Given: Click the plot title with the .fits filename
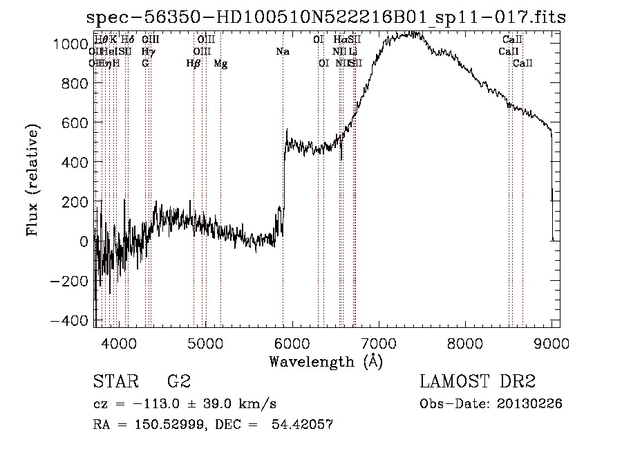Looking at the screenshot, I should pyautogui.click(x=326, y=17).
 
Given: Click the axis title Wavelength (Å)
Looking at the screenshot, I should pyautogui.click(x=326, y=361).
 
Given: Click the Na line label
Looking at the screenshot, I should pyautogui.click(x=283, y=51).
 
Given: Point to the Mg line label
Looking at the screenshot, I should pyautogui.click(x=220, y=64).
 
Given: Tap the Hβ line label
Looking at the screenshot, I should pyautogui.click(x=194, y=64).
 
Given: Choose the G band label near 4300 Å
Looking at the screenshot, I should pyautogui.click(x=145, y=64).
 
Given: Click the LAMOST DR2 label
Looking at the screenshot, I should pyautogui.click(x=478, y=381).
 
